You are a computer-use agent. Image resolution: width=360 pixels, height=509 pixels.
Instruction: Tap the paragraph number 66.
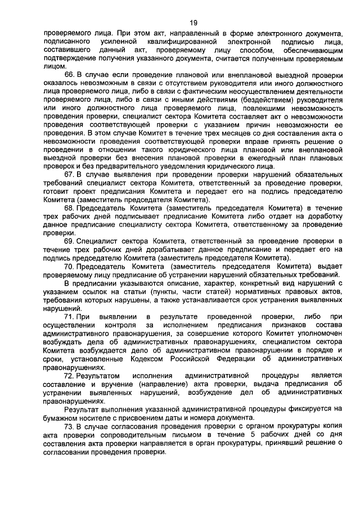(70, 75)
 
